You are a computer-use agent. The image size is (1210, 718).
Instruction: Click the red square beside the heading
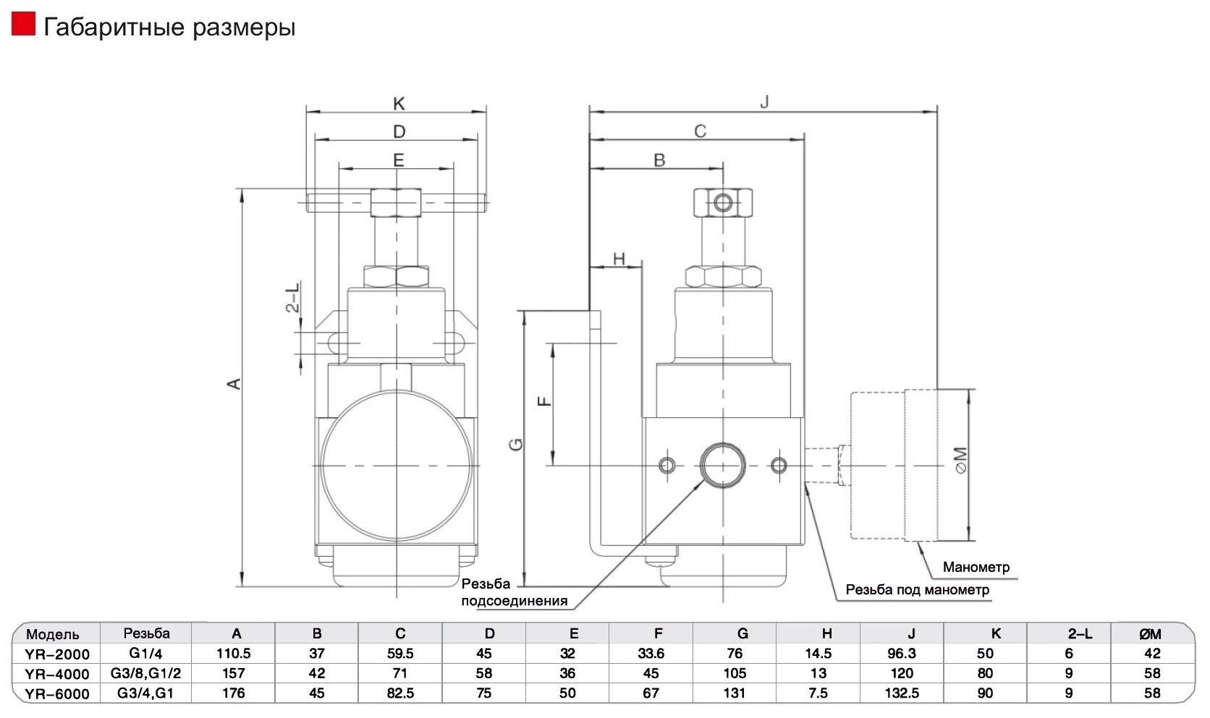pos(23,24)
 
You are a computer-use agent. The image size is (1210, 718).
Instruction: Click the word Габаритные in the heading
pos(114,27)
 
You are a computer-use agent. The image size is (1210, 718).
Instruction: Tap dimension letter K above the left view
pos(399,103)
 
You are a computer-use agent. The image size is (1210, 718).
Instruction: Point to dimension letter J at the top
pos(763,101)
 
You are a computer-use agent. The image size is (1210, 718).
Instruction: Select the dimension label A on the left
pos(234,384)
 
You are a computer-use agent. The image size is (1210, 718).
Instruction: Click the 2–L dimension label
pos(292,297)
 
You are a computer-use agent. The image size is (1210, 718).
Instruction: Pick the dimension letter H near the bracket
pos(619,259)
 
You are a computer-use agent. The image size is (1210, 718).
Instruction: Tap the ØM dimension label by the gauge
pos(960,460)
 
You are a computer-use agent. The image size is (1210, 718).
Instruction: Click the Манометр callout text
pos(976,567)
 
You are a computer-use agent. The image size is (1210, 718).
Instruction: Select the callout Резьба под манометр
pos(917,589)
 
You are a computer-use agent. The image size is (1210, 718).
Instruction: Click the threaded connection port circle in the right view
pos(723,466)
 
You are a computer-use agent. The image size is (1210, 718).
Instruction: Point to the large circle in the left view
pos(397,466)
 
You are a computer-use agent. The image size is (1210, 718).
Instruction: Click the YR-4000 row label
pos(57,674)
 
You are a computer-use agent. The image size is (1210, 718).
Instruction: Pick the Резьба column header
pos(146,633)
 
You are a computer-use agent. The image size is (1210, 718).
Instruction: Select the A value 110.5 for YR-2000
pos(233,654)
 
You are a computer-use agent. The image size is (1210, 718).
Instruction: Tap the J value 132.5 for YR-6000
pos(902,693)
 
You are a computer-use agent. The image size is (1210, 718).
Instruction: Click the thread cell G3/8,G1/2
pos(146,673)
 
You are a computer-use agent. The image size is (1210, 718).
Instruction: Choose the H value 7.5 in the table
pos(818,693)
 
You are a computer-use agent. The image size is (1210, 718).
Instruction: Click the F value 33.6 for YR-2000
pos(651,654)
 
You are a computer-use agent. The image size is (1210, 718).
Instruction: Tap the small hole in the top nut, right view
pos(723,203)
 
